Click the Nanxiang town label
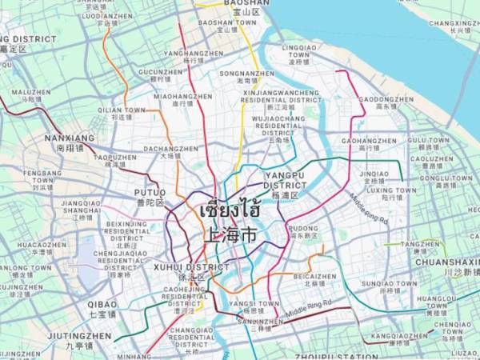pos(70,142)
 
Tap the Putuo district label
pos(150,197)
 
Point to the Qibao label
pos(102,309)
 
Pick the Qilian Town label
pos(122,113)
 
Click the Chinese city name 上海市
pos(230,236)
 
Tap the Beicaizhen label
pos(310,279)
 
